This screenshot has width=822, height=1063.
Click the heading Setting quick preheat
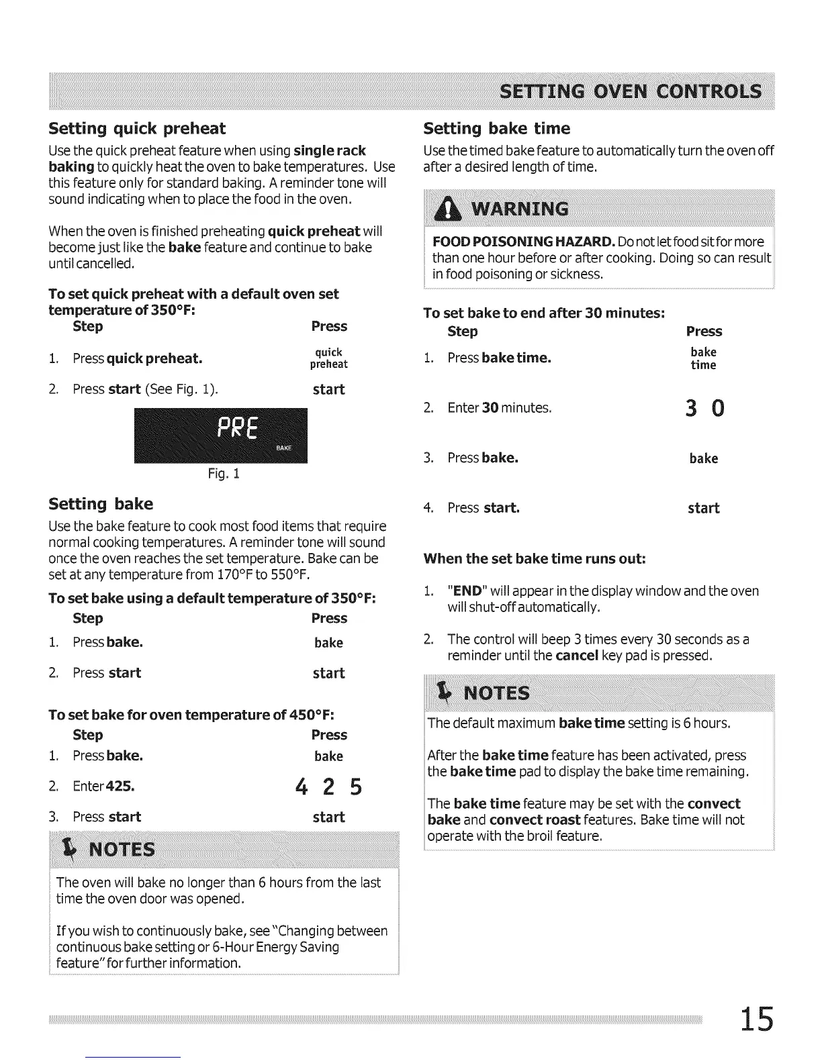137,129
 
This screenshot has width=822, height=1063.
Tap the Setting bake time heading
497,129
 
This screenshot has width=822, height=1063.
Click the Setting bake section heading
101,504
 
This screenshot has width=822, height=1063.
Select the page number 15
757,1019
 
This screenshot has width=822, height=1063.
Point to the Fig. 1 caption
224,474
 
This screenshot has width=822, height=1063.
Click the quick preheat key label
328,358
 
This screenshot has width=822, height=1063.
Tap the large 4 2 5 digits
328,787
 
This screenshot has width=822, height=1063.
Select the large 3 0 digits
704,408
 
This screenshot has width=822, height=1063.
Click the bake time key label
703,358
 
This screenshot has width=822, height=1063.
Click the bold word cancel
577,655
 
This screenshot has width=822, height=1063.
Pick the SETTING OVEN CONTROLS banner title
631,92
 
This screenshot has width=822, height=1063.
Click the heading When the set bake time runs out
535,558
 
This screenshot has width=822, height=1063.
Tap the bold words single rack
330,150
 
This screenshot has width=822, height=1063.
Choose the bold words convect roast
535,820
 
